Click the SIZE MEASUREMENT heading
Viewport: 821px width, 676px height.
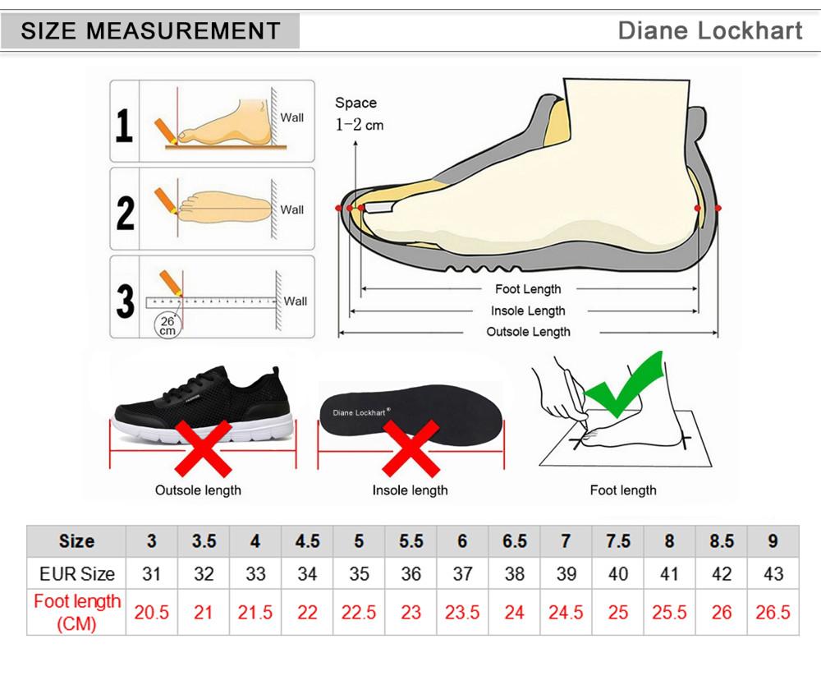[150, 32]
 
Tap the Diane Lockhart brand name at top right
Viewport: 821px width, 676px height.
[710, 31]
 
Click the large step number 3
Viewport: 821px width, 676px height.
[125, 301]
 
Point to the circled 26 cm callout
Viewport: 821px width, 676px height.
[167, 325]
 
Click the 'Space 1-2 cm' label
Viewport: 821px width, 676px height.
[358, 113]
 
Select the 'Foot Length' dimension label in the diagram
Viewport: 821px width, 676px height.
[528, 289]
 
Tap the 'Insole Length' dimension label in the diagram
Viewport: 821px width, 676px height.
[528, 310]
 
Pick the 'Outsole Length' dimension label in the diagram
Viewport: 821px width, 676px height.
[528, 332]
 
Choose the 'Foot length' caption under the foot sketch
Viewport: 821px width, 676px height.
[623, 490]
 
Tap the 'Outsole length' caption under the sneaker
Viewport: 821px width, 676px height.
[198, 490]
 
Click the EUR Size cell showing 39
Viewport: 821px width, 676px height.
[566, 574]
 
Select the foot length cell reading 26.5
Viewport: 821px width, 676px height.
[773, 613]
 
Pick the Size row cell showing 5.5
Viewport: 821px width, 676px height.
[410, 541]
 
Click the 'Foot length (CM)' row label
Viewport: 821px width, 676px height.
[76, 613]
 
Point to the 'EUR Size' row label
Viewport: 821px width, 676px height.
[76, 574]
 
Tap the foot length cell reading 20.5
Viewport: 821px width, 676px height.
[151, 613]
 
